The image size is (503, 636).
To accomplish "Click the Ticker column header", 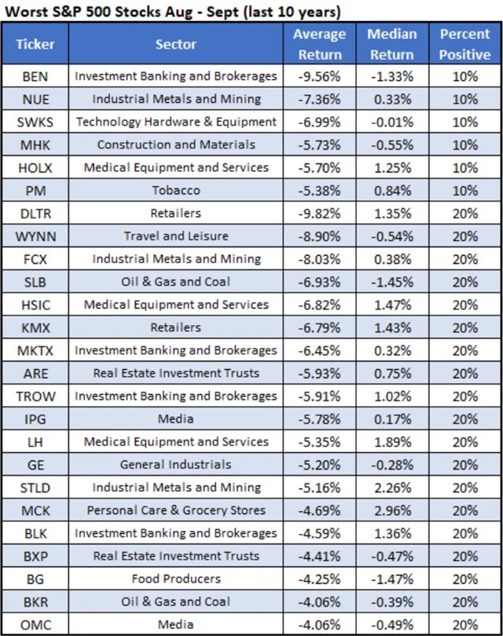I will [x=35, y=45].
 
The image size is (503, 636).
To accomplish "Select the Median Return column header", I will [x=391, y=45].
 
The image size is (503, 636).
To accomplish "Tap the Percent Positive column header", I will [x=464, y=45].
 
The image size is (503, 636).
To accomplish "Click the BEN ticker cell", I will [x=35, y=76].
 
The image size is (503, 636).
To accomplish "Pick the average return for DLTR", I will [x=318, y=213].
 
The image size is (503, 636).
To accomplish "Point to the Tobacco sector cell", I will [x=176, y=190].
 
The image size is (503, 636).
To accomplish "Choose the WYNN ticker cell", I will [x=35, y=236].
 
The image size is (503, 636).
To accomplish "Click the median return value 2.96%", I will [x=391, y=510].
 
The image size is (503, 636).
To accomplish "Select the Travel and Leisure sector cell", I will [x=176, y=236].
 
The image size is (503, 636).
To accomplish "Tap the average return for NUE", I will [x=318, y=99].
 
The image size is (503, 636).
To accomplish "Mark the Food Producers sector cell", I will [x=176, y=579].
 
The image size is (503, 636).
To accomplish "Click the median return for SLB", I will [x=391, y=281].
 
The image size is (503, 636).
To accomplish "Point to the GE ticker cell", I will [x=35, y=464].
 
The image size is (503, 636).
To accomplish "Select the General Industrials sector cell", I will [x=176, y=464].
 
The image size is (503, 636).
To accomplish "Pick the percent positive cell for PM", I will [x=464, y=190].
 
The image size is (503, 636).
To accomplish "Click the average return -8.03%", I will [x=318, y=258].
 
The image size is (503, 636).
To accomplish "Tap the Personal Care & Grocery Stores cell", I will [x=176, y=510].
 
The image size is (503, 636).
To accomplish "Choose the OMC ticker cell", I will [x=35, y=624].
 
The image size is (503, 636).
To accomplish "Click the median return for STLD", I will [x=391, y=488].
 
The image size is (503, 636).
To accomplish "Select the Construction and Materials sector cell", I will [x=176, y=144].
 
